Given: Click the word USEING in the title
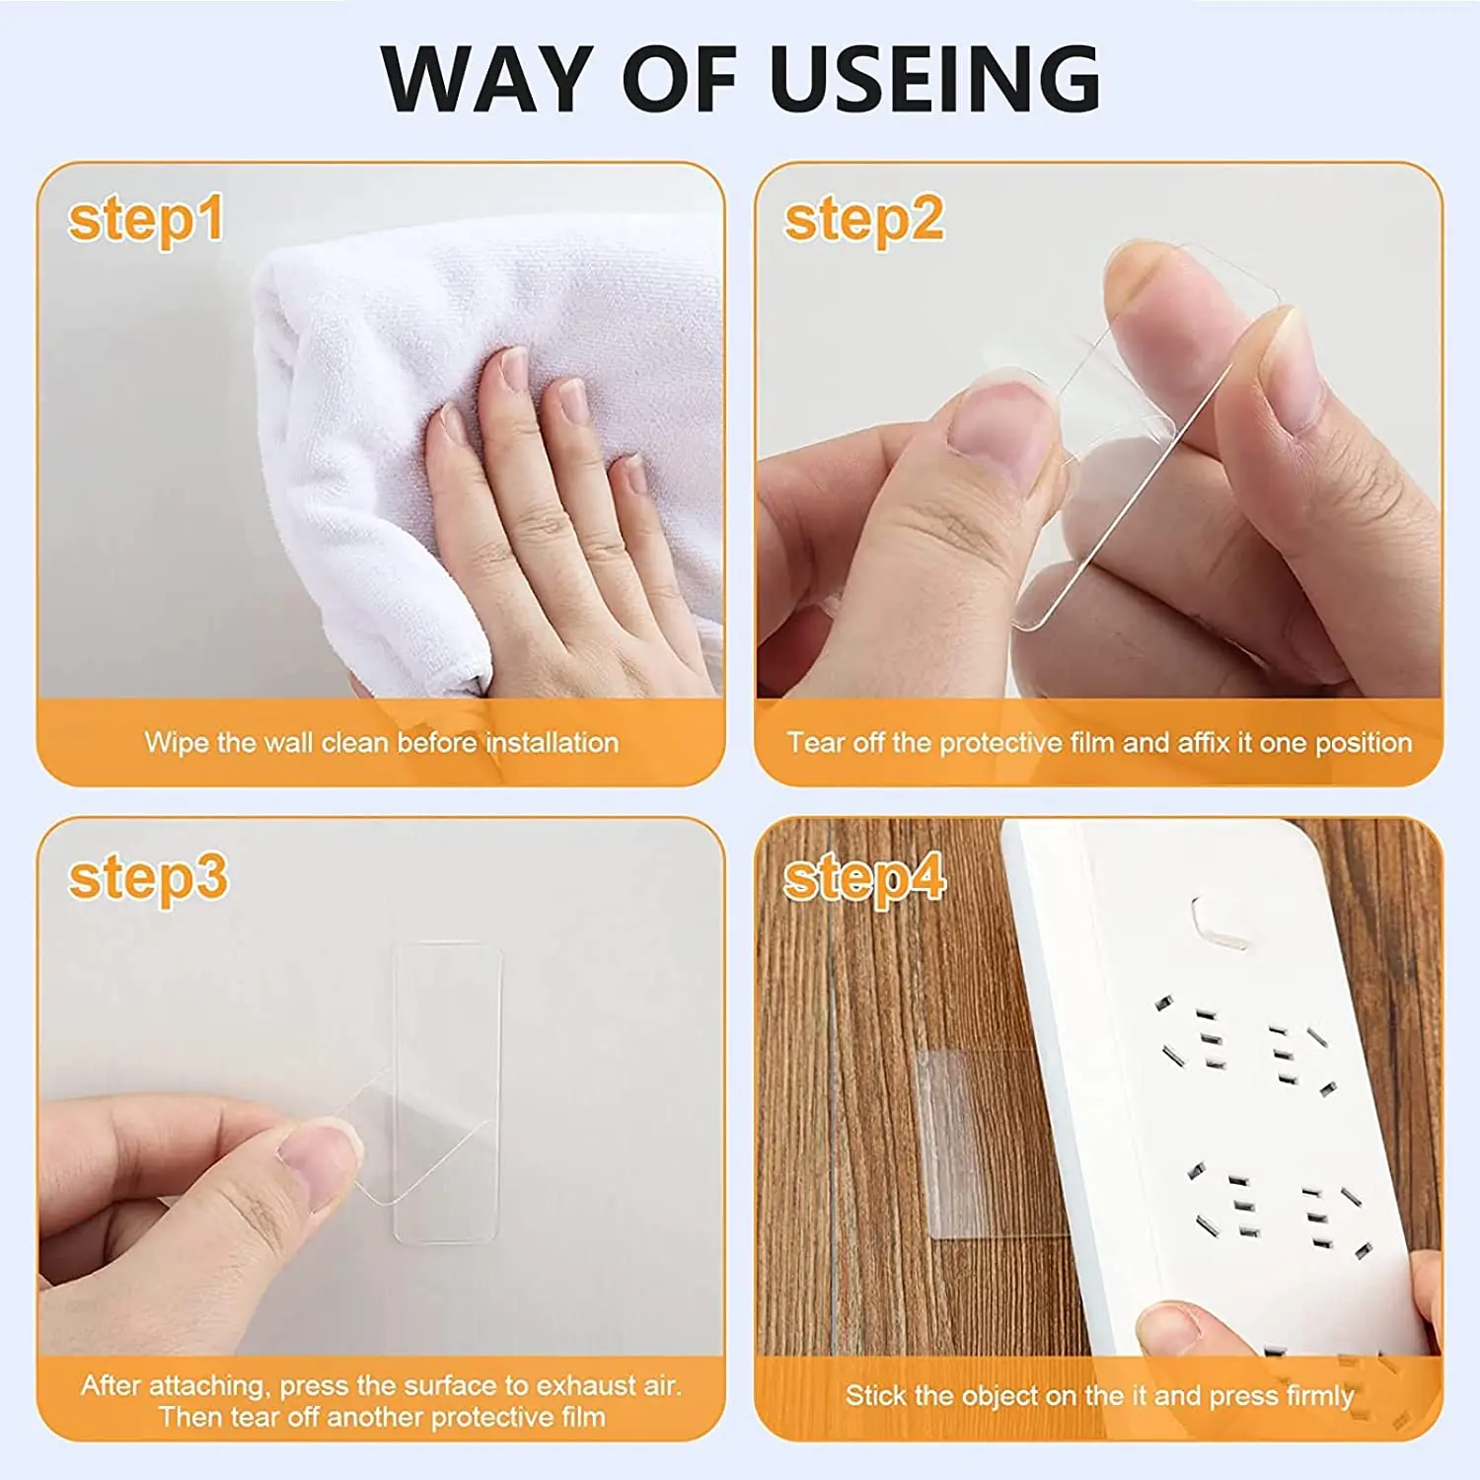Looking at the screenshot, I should click(x=934, y=79).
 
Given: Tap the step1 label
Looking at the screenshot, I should click(x=146, y=219).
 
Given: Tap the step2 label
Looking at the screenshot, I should click(x=863, y=219).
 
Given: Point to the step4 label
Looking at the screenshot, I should click(x=864, y=878).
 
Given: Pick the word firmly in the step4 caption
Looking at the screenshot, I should click(x=1319, y=1395).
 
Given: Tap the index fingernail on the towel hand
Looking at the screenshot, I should click(x=513, y=368).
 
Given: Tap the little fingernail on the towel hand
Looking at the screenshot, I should click(x=633, y=474).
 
